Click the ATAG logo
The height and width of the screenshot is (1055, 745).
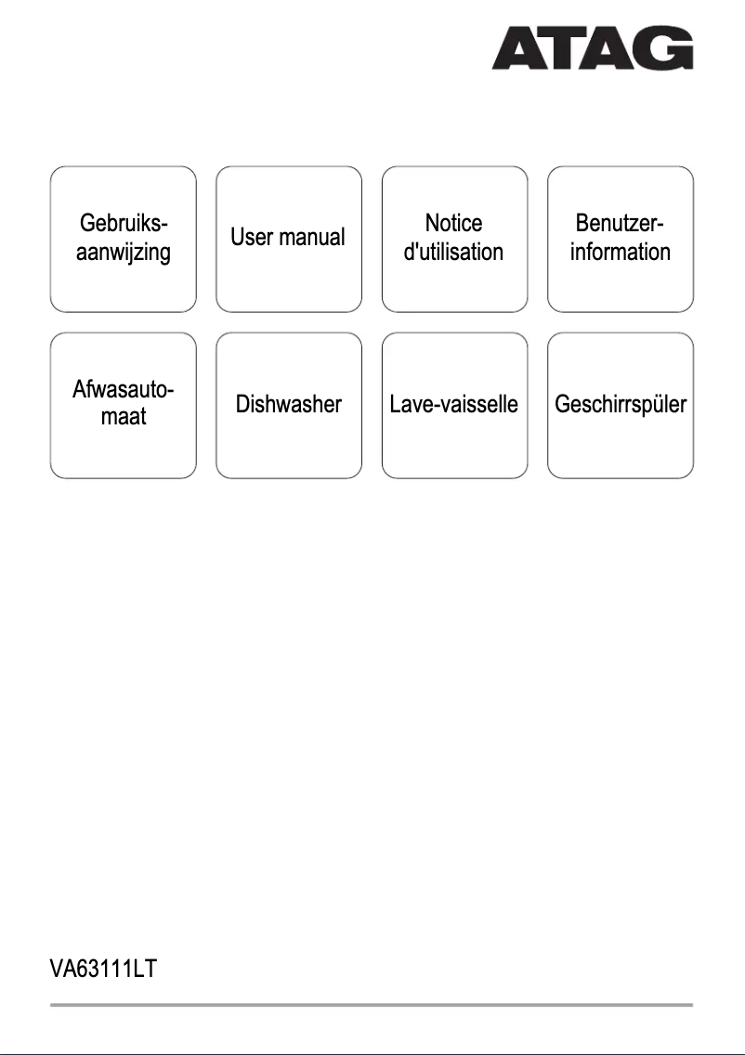[x=592, y=47]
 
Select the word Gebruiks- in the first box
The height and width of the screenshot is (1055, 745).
[x=124, y=224]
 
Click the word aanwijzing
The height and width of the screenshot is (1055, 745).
[x=124, y=252]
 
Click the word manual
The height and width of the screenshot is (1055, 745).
[x=313, y=238]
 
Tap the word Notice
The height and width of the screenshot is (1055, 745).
[x=453, y=224]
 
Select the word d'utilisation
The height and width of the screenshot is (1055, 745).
[x=453, y=252]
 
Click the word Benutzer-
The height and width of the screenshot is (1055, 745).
[x=620, y=224]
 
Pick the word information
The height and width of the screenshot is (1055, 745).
[x=620, y=252]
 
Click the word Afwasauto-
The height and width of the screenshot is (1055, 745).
[x=124, y=390]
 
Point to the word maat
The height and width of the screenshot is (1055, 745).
[x=124, y=418]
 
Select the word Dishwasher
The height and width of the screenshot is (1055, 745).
[x=288, y=405]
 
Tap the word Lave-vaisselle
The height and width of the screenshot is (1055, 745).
[x=453, y=405]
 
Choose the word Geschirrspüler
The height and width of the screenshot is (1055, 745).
[x=620, y=405]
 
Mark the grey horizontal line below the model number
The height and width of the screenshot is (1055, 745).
[x=372, y=1005]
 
